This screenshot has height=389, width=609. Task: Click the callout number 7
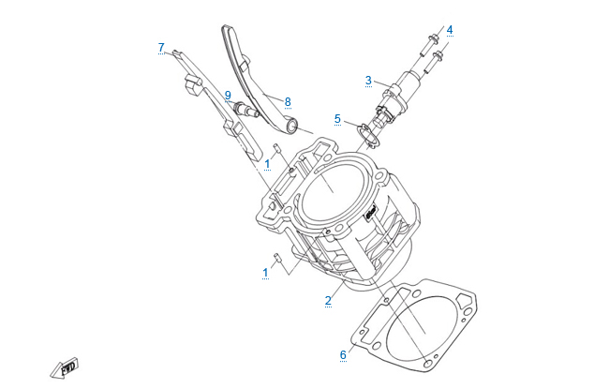pos(161,48)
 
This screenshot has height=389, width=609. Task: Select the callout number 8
pos(288,101)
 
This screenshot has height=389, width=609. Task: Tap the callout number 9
pos(228,95)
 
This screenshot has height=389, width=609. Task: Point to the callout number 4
pos(450,30)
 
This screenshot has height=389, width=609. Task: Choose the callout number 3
pos(368,81)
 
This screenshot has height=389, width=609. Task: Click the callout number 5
pos(337,119)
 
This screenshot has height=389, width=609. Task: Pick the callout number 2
pos(328,300)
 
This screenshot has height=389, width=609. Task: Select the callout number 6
pos(343,354)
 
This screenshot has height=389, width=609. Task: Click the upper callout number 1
pos(267,164)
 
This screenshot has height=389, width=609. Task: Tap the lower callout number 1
pos(266,273)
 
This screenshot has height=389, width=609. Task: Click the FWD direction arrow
pos(65,367)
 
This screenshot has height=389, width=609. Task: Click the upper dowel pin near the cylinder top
pos(277,147)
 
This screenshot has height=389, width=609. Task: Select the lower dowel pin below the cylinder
pos(277,257)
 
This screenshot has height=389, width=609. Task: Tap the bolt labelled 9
pos(245,109)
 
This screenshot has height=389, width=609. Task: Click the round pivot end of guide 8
pos(291,127)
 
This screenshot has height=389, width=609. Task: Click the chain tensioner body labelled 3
pos(397,96)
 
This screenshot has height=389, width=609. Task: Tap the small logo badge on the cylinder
pos(370,213)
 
